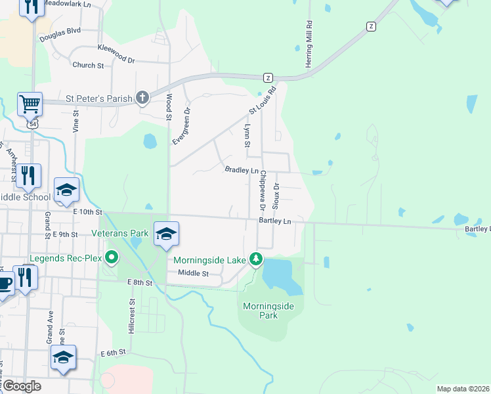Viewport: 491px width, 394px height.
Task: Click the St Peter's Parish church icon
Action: point(142,98)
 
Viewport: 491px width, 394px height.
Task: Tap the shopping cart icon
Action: point(30,103)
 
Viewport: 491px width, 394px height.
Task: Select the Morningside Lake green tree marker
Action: point(255,260)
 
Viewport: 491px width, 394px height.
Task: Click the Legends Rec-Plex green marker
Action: point(111,258)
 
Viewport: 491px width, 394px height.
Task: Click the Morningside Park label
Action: point(268,311)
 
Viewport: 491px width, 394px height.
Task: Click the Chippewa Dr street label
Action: point(262,190)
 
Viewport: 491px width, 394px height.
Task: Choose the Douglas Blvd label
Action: point(59,30)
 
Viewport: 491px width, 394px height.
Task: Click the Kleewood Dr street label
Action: point(116,53)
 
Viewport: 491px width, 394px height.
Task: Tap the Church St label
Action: point(88,66)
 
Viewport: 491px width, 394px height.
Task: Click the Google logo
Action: point(22,385)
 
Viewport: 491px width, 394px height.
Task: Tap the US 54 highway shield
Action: point(33,123)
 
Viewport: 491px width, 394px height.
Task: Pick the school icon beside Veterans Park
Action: point(167,234)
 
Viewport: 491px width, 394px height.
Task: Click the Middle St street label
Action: point(192,273)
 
